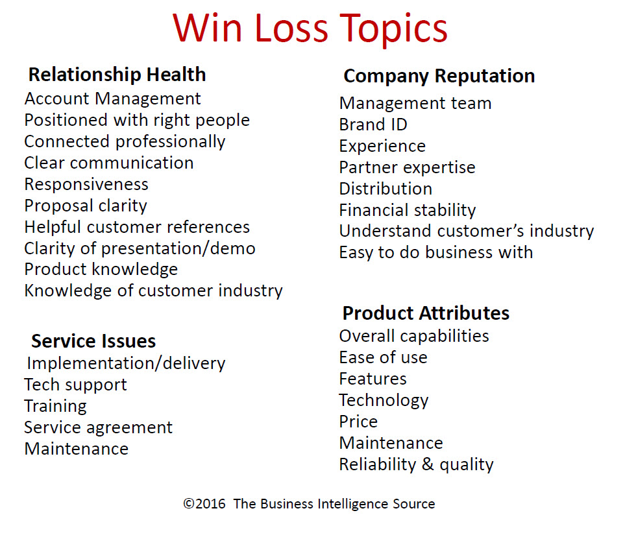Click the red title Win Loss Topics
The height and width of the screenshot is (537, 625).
pos(310,29)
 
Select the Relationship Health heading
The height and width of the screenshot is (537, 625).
pos(117,75)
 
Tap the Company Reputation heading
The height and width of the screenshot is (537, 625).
pos(439,76)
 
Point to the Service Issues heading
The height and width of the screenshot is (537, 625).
pos(93,341)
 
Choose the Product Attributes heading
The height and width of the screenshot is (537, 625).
pos(426,313)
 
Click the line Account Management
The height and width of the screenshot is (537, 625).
pos(112,99)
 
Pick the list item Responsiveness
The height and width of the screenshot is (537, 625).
pos(86,184)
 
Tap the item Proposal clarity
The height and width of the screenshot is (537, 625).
pos(86,206)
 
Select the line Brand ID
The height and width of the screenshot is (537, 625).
pos(373,125)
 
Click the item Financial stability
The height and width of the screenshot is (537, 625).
pos(408,210)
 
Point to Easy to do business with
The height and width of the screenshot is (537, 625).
pos(436,252)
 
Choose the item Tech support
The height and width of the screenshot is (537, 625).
pos(75,385)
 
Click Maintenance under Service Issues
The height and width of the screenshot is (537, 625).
pos(76,449)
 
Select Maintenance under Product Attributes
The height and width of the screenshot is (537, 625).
pos(391,443)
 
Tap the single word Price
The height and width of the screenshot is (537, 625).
pos(358,422)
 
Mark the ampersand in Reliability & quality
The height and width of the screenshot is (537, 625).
pos(428,464)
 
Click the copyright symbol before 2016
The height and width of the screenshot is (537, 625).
pos(188,504)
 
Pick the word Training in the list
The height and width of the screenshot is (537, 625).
pos(55,407)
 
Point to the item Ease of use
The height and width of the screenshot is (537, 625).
pos(383,357)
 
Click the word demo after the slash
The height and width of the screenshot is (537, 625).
pos(233,248)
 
